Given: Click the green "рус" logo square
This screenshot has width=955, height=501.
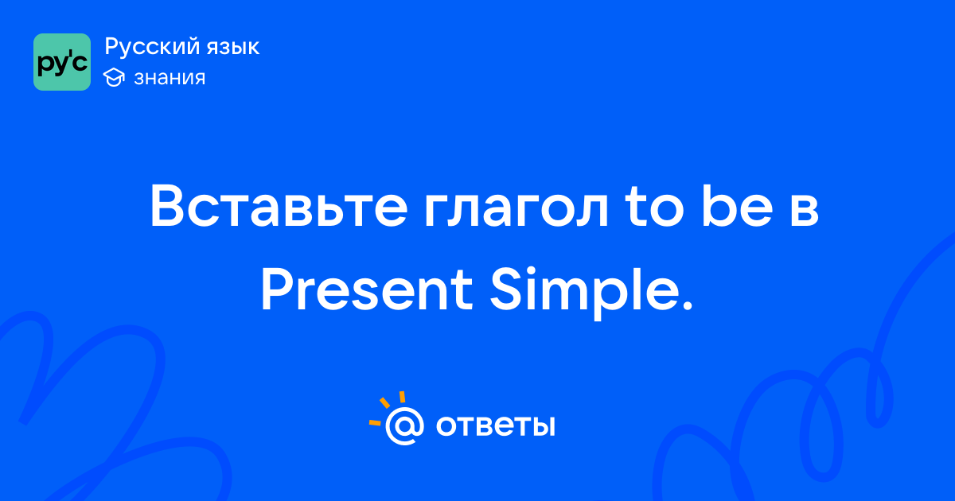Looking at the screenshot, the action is point(62,62).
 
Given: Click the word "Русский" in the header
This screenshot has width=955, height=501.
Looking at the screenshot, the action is point(152,46).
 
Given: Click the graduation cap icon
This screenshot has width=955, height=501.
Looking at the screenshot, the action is point(114,77).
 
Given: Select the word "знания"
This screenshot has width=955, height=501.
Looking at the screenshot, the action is point(170,78).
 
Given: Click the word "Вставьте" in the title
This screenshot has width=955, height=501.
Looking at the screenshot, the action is point(279,206).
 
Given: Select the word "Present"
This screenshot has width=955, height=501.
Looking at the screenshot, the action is point(367,289).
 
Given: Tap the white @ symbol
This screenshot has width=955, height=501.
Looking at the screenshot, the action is point(404,426).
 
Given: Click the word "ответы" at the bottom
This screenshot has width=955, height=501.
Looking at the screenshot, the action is point(495,425).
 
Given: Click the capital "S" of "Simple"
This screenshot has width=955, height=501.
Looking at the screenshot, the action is point(508,290).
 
